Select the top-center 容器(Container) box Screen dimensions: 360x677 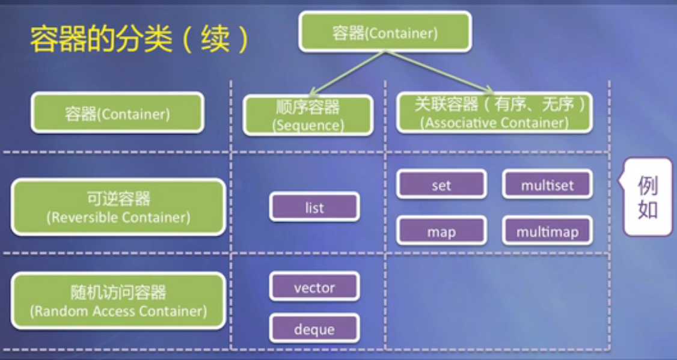coord(385,32)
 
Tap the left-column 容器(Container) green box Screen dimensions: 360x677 coord(117,113)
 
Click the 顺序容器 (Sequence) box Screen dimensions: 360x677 coord(308,115)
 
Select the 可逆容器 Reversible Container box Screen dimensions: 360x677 coord(118,207)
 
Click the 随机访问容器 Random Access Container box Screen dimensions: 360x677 coord(118,301)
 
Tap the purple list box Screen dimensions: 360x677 coord(314,207)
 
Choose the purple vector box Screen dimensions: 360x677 coord(314,287)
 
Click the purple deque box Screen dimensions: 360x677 coord(314,329)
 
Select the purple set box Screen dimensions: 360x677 coord(441,185)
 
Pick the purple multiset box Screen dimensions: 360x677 coord(547,185)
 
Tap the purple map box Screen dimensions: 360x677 coord(441,231)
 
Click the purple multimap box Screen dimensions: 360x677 coord(547,231)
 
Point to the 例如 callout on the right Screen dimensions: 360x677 coord(647,197)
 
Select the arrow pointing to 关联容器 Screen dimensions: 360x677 coord(435,70)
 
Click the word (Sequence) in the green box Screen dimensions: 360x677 coord(308,126)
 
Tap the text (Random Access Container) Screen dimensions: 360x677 coord(118,311)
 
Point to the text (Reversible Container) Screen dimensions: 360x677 coord(118,218)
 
